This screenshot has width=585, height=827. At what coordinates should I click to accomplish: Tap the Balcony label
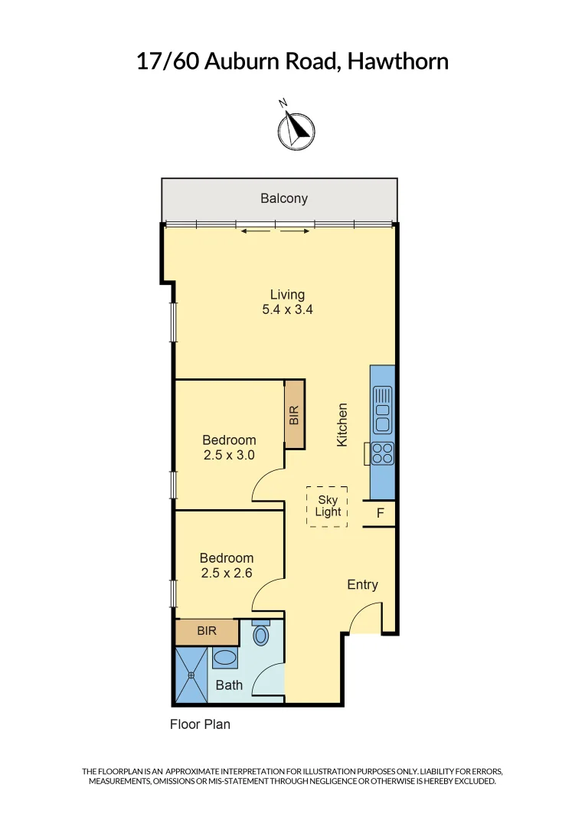[x=283, y=198]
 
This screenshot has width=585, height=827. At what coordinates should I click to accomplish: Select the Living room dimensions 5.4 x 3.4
[x=287, y=310]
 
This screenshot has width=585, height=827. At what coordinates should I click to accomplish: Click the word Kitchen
[x=343, y=425]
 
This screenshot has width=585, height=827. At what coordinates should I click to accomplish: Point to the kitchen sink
[x=381, y=410]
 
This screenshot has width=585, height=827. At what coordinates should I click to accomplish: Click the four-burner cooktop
[x=382, y=453]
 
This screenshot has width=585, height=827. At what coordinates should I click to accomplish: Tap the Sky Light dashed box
[x=327, y=506]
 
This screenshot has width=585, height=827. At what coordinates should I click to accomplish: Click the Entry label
[x=362, y=584]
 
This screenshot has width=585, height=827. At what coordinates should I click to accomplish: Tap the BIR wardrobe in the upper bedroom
[x=294, y=415]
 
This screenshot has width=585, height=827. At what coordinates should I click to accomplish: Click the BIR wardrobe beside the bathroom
[x=206, y=632]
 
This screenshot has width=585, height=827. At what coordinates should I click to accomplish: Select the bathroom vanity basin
[x=225, y=658]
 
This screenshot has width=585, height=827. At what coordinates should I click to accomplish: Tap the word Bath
[x=229, y=685]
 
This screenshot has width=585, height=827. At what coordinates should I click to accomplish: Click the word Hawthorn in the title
[x=397, y=61]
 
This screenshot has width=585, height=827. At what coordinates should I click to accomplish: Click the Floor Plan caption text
[x=200, y=724]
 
